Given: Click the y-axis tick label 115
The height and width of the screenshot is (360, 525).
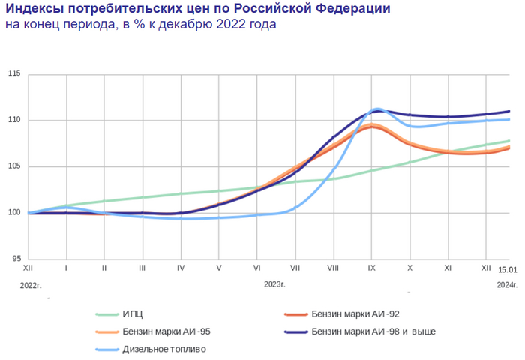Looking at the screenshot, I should (14, 73).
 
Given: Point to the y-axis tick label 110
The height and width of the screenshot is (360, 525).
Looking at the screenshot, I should (14, 120).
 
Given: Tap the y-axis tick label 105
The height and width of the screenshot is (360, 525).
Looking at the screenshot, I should (14, 166).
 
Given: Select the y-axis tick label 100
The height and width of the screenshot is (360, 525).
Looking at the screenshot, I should (14, 213).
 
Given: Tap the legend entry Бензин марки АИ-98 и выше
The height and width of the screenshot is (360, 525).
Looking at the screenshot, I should (373, 331).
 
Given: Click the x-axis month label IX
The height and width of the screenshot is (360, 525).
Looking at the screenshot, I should (371, 267).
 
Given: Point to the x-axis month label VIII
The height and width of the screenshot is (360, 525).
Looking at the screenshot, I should (333, 267).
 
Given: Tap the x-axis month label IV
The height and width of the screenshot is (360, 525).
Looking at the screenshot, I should (181, 267).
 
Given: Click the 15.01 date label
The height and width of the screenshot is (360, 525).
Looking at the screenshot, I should (508, 269).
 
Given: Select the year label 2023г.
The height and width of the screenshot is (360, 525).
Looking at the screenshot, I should (275, 284).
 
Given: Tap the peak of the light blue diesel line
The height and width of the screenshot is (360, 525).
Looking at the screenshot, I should (377, 109).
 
